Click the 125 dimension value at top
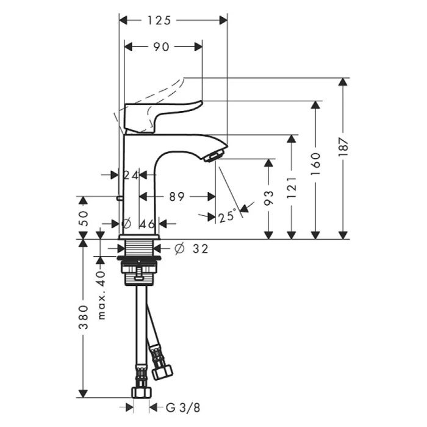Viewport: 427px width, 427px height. point(160,20)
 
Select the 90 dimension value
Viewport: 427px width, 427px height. point(161,47)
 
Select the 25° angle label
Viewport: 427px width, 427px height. point(227,216)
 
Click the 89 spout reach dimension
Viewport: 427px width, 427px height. point(177,196)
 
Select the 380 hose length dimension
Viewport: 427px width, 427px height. point(84,317)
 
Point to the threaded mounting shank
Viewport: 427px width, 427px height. point(138,248)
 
